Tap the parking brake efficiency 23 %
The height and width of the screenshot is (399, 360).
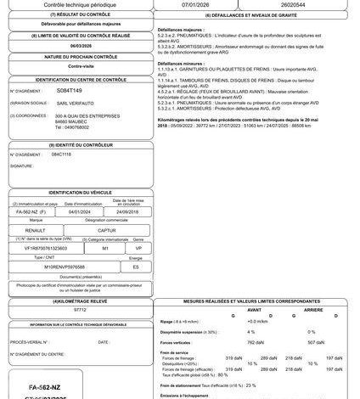[x=250, y=385]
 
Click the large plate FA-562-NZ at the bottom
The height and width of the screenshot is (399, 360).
[x=42, y=385]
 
